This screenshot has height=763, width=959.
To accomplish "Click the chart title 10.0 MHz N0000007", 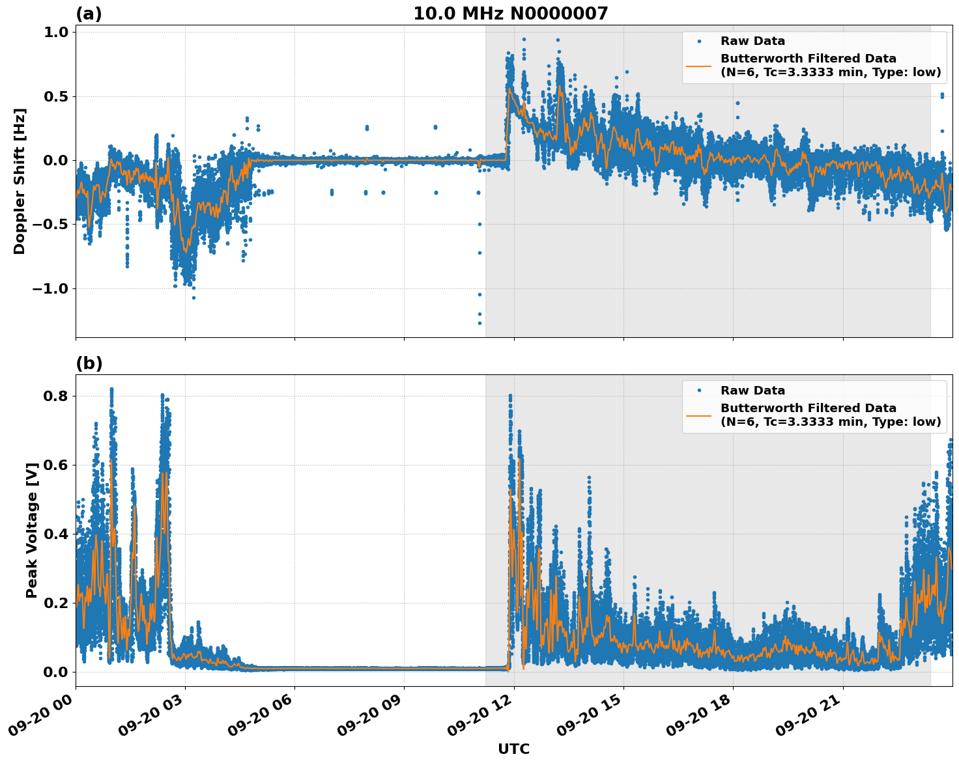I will [510, 14].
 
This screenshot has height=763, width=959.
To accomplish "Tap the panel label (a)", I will [89, 14].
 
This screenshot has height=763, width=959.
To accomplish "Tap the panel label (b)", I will [89, 363].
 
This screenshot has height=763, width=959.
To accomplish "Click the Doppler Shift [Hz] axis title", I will [20, 181].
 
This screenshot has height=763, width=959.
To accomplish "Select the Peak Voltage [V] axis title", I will [32, 530].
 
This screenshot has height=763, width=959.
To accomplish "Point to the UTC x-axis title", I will [513, 749].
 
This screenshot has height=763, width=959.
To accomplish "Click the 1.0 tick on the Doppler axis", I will [59, 32].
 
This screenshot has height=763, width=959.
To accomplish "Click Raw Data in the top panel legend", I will [752, 41].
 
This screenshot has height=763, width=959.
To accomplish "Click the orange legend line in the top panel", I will [698, 65].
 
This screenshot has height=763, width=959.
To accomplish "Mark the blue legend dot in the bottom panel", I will [698, 391].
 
